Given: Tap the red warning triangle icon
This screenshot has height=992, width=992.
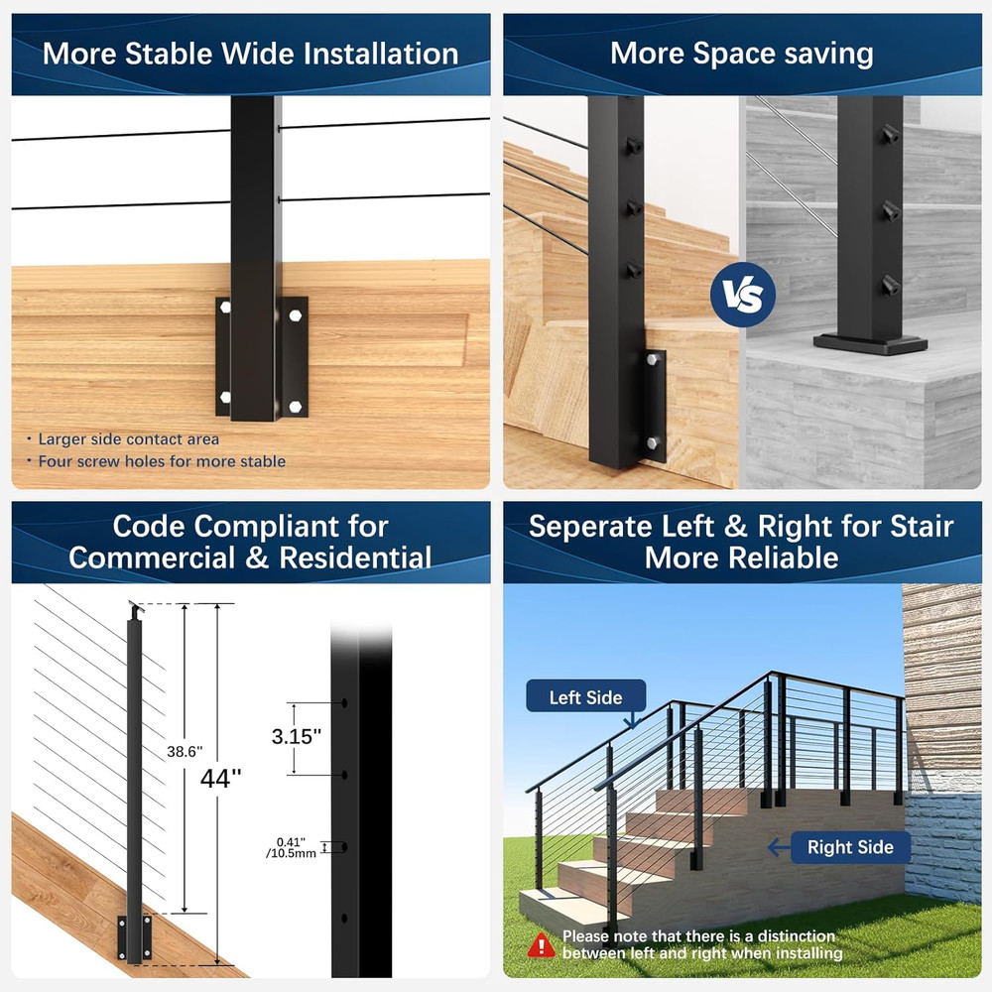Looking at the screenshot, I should click(541, 944).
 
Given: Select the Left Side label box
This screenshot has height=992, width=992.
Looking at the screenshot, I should click(585, 698).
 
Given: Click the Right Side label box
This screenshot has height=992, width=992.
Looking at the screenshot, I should click(850, 847).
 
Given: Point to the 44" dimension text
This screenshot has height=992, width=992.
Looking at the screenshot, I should click(221, 779).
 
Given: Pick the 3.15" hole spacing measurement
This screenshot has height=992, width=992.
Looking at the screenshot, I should click(297, 736).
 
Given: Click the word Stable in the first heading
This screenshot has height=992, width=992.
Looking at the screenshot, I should click(193, 54).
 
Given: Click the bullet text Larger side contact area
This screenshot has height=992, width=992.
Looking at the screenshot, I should click(129, 438).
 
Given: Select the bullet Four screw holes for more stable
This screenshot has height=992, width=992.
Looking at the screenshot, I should click(162, 461).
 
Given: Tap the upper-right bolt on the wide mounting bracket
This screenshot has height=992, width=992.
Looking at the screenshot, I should click(296, 315).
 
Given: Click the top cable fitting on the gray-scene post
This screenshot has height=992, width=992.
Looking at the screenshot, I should click(889, 134).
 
